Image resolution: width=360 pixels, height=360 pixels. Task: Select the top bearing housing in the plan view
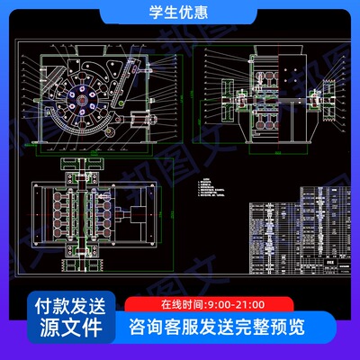(90, 171)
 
